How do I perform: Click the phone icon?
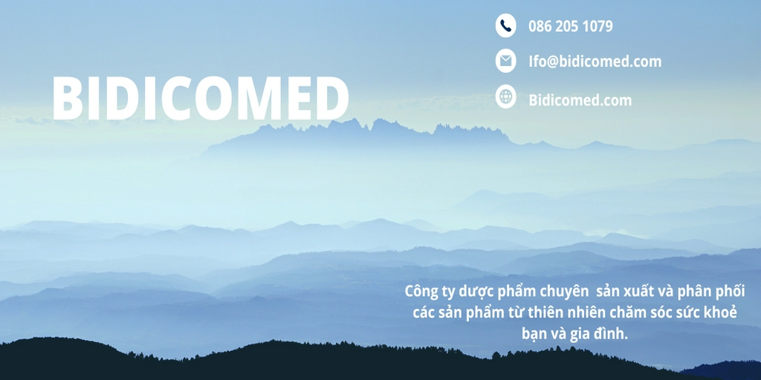tap(505, 25)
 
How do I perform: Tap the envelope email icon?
tap(505, 61)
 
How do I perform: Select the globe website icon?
tap(505, 96)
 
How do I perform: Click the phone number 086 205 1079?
tap(570, 26)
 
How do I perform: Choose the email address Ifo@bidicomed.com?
tap(595, 62)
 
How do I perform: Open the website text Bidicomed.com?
tap(580, 100)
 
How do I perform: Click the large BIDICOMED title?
tap(201, 98)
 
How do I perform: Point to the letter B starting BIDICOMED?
tap(68, 98)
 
